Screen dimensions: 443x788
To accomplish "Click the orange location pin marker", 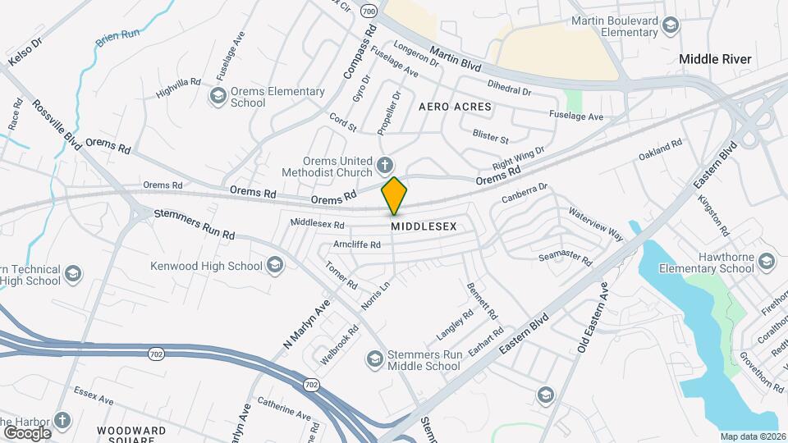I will click(x=394, y=196).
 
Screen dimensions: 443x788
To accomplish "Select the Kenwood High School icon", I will click(x=274, y=265).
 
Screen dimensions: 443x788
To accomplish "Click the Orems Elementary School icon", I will click(x=218, y=98).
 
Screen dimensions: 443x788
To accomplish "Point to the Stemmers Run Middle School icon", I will click(x=375, y=359).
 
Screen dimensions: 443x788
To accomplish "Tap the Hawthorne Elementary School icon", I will click(x=766, y=262).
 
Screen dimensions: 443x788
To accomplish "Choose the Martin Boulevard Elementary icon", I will click(x=671, y=25).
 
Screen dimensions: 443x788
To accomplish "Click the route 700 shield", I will click(x=369, y=11).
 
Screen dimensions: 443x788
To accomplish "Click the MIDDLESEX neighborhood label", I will click(x=423, y=225).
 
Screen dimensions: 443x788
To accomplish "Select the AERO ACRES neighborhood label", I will click(x=455, y=107).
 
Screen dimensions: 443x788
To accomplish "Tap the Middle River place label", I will click(x=715, y=59).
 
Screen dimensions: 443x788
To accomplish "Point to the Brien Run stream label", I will click(x=117, y=35).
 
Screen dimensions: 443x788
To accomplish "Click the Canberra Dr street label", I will click(x=524, y=194).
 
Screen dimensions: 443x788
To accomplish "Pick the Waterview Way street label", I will click(x=596, y=224).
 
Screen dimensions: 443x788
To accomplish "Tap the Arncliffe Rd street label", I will click(x=357, y=244).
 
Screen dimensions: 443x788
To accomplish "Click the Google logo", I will click(x=27, y=432).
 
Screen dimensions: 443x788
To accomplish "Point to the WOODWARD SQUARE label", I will click(x=131, y=432).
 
